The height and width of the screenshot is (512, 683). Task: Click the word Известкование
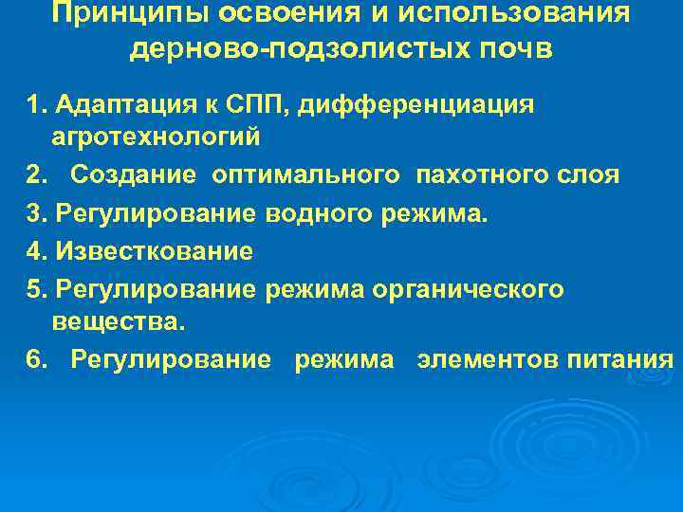click(155, 251)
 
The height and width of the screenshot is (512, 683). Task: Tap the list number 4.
click(35, 251)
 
